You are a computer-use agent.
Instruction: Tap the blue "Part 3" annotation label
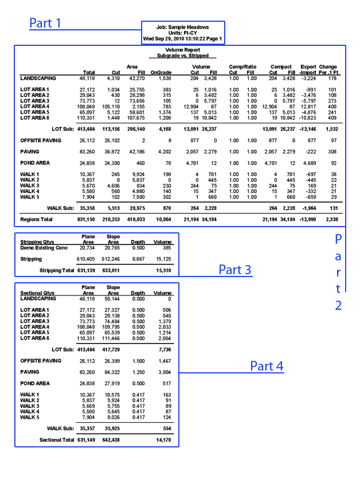click(234, 270)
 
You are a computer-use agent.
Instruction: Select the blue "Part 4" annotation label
click(267, 366)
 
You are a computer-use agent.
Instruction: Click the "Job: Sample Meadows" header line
click(183, 27)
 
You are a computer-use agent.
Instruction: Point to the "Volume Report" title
click(183, 51)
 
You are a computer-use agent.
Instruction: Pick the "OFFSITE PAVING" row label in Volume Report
click(41, 141)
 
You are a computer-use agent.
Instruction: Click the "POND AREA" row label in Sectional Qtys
click(36, 383)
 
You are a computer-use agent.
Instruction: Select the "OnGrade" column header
click(161, 73)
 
